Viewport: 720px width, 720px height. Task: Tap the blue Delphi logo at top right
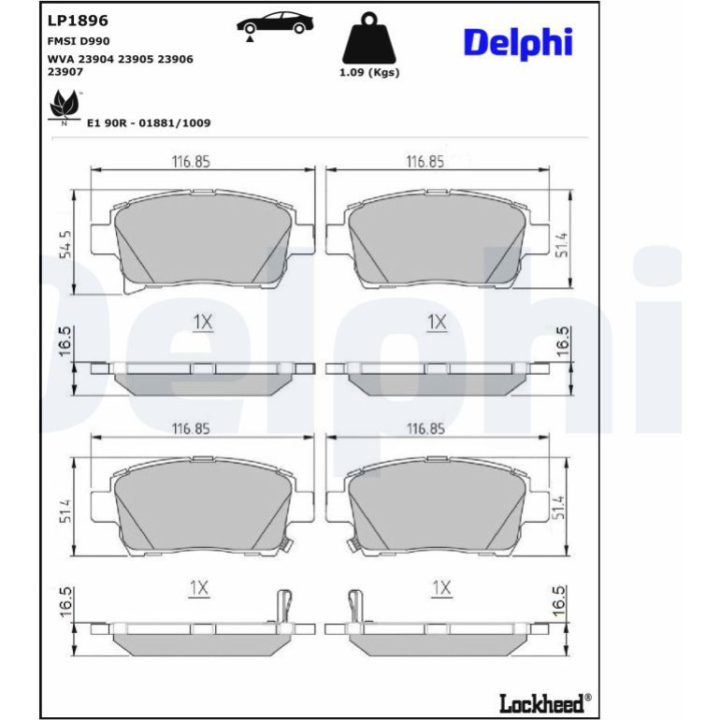point(518,43)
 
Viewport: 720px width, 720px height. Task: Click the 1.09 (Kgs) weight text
point(369,73)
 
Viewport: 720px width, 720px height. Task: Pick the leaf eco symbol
point(64,107)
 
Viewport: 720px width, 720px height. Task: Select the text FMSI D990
point(79,41)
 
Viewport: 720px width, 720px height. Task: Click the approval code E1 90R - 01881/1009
point(149,123)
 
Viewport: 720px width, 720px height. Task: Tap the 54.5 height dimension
point(65,244)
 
